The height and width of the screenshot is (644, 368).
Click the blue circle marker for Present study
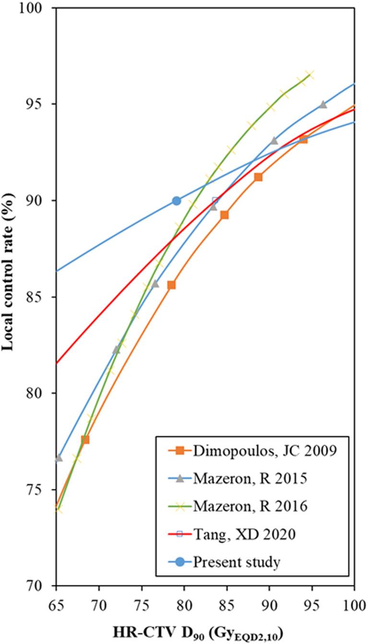tap(177, 201)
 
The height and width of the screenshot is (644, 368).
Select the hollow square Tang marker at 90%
tap(215, 201)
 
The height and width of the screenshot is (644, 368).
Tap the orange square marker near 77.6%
tap(85, 439)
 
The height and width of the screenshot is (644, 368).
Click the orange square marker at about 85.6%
tap(171, 285)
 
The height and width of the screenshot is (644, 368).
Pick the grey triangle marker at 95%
tap(323, 104)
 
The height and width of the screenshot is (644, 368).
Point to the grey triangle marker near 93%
tap(274, 141)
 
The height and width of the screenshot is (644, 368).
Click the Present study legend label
tap(237, 562)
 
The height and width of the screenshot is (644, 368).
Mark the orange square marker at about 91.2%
tap(258, 177)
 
